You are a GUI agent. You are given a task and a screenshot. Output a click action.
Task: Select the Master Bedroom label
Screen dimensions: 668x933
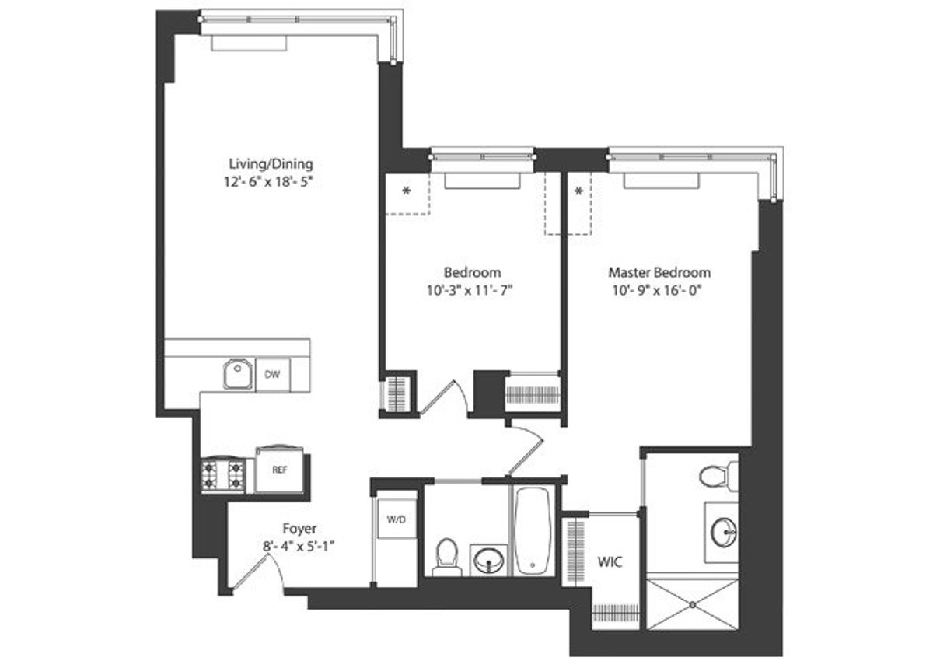click(x=659, y=273)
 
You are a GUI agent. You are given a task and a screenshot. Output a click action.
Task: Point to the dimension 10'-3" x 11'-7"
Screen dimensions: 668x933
click(x=473, y=292)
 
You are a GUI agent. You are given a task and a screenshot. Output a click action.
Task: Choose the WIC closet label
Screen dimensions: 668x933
click(x=610, y=561)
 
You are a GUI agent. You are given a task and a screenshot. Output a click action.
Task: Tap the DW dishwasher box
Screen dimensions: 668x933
click(x=272, y=375)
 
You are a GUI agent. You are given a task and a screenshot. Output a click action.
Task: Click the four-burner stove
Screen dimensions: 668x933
click(x=224, y=474)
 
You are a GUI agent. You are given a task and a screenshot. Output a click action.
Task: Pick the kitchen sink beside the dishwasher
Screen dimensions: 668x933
click(x=236, y=375)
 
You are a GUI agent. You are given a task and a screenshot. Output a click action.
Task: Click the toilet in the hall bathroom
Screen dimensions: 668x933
click(x=447, y=556)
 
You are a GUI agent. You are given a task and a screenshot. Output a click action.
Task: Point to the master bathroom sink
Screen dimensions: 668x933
click(x=722, y=533)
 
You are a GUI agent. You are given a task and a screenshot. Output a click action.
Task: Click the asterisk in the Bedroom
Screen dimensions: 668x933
click(x=406, y=191)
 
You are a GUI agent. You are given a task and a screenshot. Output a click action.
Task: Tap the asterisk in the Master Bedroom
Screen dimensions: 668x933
click(x=578, y=191)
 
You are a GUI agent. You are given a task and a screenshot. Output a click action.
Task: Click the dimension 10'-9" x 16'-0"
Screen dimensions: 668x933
click(x=659, y=292)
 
